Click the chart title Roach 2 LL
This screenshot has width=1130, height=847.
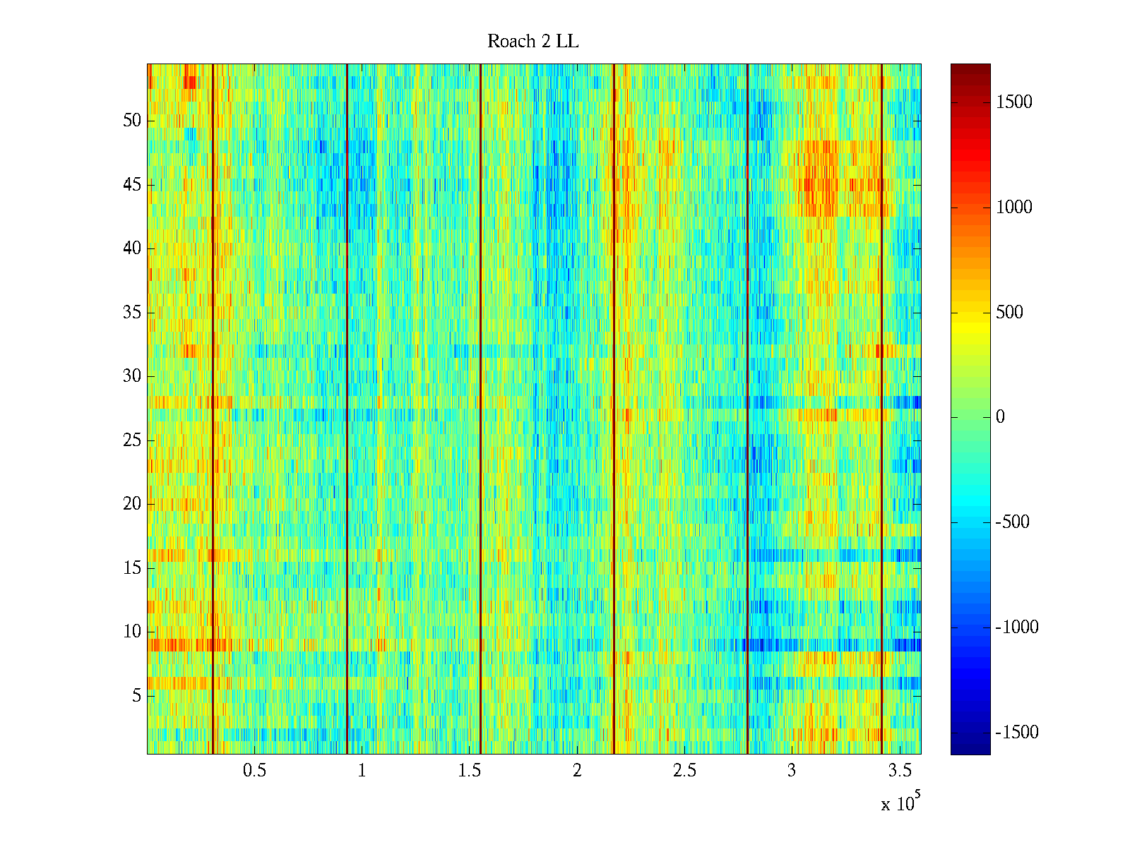[533, 42]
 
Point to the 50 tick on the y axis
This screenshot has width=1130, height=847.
[132, 121]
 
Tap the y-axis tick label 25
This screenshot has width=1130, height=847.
[132, 440]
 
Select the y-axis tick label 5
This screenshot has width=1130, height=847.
[136, 696]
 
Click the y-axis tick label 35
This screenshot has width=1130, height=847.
[132, 313]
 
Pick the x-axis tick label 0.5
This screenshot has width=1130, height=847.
[254, 771]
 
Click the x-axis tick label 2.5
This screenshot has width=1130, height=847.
[684, 771]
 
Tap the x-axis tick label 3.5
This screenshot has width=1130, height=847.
[900, 771]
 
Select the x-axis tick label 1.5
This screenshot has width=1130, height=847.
[470, 771]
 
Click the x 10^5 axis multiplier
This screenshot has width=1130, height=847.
[900, 803]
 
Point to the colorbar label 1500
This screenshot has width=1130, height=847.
[1014, 102]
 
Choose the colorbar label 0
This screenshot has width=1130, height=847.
[1000, 417]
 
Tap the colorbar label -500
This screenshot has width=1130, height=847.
[1013, 522]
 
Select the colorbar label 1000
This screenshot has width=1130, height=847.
[1014, 208]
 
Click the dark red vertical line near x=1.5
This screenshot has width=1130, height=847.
[480, 409]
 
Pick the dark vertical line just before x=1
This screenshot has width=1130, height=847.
[347, 409]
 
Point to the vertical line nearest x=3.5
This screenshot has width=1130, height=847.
[881, 409]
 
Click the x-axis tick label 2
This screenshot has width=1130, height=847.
[577, 771]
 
